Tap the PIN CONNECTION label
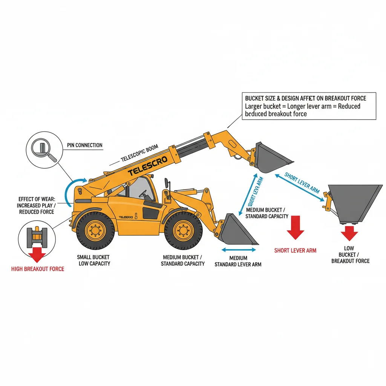point(84,145)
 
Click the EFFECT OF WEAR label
point(35,205)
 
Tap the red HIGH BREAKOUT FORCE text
point(38,269)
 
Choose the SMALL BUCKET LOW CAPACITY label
point(94,260)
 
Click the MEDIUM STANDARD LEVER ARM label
point(238,261)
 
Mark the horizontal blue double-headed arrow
point(239,250)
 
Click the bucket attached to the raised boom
point(271,158)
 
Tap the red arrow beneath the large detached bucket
point(349,234)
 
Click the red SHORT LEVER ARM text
point(295,250)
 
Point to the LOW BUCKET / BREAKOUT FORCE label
point(350,254)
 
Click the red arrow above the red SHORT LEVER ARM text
point(295,227)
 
